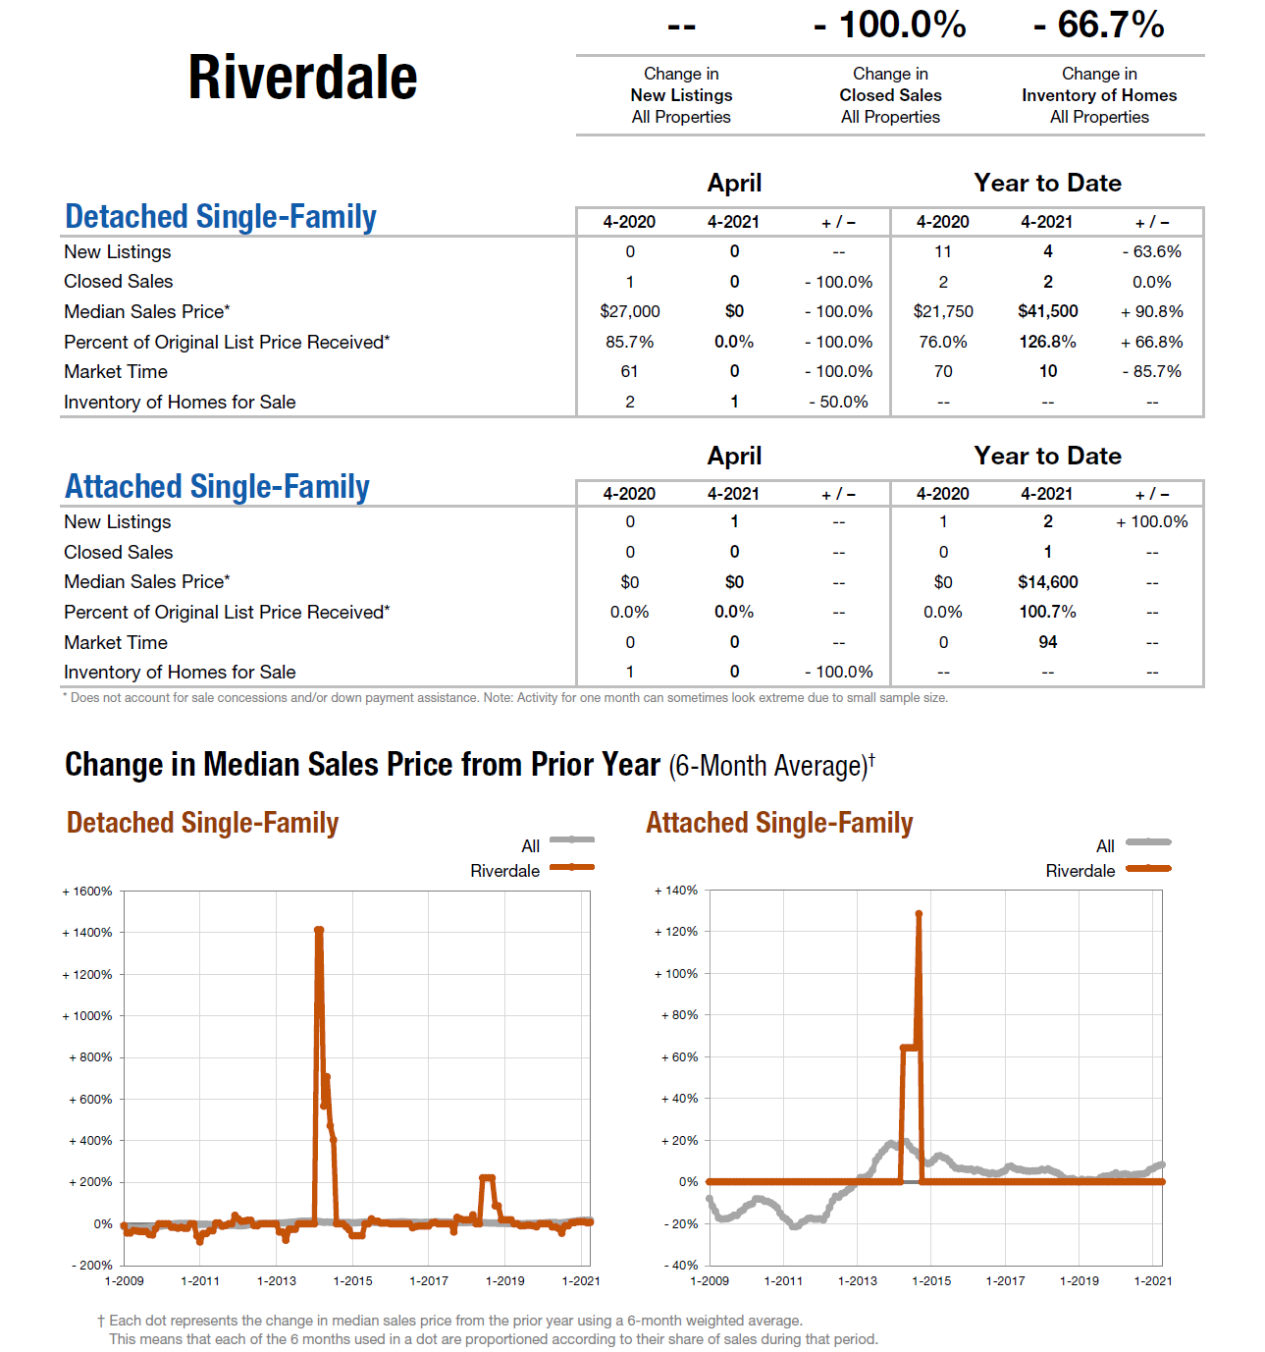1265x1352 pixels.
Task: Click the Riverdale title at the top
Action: click(302, 78)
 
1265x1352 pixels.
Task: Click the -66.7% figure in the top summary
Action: click(1098, 25)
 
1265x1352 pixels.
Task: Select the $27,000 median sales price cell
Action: click(629, 311)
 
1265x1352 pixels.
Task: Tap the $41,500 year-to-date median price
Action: click(1047, 311)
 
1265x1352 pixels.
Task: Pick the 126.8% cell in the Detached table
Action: click(1047, 342)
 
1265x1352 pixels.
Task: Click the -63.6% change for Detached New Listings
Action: click(1151, 251)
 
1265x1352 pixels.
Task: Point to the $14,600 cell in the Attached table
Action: click(1047, 582)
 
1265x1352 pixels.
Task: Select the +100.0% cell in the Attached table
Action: click(1151, 521)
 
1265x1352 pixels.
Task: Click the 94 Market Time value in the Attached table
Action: click(1047, 642)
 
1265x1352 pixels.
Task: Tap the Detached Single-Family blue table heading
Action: click(221, 217)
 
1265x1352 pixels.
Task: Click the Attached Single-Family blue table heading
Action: click(217, 487)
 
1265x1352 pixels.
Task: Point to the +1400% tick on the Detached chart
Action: click(89, 933)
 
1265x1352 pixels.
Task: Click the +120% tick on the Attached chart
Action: click(678, 932)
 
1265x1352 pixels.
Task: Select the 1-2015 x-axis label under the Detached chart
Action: click(352, 1281)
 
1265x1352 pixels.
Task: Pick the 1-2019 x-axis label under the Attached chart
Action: click(1079, 1281)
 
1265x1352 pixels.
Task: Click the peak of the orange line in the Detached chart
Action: click(319, 930)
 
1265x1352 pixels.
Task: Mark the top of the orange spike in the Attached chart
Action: click(919, 914)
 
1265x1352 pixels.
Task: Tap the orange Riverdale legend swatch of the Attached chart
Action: click(1148, 868)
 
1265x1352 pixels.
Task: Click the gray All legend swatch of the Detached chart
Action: click(572, 840)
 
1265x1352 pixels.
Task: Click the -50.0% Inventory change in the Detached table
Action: click(838, 402)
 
